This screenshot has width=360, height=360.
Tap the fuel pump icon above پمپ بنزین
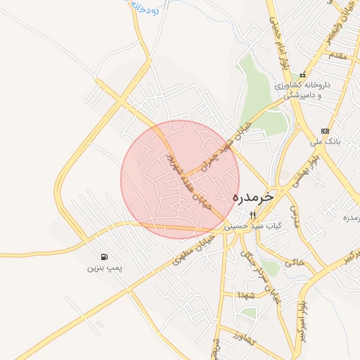(105, 257)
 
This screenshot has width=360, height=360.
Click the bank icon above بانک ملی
(325, 131)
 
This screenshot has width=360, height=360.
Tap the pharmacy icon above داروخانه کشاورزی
(302, 75)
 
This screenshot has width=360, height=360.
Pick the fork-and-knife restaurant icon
(253, 214)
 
